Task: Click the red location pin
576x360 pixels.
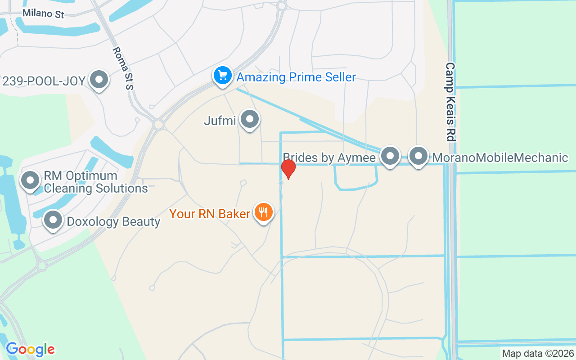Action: click(288, 169)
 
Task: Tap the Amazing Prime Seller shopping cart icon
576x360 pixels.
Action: click(222, 75)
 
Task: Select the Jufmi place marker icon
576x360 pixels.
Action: click(249, 120)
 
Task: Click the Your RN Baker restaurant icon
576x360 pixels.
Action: click(263, 211)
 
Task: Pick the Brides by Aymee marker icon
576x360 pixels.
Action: click(390, 156)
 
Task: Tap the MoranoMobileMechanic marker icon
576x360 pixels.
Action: click(419, 156)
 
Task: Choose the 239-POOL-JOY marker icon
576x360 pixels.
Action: click(99, 80)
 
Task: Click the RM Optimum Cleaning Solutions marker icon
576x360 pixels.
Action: click(30, 180)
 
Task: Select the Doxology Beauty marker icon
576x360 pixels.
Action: click(54, 220)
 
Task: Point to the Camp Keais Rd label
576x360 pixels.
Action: click(450, 102)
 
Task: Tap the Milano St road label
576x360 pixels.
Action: click(43, 13)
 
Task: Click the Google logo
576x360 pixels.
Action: click(30, 349)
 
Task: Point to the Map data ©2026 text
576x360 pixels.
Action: click(538, 354)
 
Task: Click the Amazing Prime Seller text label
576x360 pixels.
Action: click(296, 77)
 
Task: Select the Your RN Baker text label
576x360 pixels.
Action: click(210, 213)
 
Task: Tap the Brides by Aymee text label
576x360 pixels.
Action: click(329, 158)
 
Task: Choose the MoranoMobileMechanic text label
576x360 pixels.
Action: click(500, 158)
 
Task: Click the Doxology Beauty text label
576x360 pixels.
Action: click(113, 222)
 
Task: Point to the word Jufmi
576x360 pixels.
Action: click(220, 121)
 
